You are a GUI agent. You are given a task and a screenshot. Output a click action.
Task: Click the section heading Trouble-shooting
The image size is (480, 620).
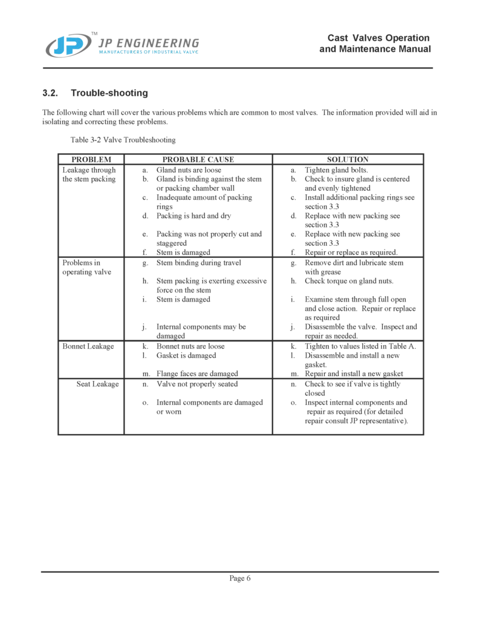pos(109,93)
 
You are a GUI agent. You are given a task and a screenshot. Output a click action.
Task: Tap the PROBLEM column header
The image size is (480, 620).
pos(91,160)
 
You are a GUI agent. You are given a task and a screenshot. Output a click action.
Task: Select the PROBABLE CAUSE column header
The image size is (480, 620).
pos(198,160)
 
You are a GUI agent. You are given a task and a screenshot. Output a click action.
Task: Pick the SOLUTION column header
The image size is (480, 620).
pos(348,160)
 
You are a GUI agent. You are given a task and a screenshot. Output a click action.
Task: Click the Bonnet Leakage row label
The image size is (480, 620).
pos(88,346)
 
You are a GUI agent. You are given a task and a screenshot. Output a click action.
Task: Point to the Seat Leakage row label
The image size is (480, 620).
pos(97,384)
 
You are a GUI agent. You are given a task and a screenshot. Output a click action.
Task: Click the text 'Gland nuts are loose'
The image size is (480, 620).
pos(189,170)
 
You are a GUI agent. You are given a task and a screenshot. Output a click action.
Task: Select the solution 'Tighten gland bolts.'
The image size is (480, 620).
pos(336,170)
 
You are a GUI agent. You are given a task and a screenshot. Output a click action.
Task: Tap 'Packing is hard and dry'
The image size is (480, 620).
pos(193,216)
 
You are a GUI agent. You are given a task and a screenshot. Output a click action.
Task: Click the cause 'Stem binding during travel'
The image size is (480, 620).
pos(198,263)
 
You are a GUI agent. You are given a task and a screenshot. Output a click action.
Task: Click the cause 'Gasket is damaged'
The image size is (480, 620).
pos(186,355)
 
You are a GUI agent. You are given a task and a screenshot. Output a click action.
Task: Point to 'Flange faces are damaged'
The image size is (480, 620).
pos(197,374)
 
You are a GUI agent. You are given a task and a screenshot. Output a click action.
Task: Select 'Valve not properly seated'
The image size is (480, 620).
pos(197,384)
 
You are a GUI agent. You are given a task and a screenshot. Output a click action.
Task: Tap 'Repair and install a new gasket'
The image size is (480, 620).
pos(354,374)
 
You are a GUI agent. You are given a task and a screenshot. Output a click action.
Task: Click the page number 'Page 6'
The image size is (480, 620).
pos(240,578)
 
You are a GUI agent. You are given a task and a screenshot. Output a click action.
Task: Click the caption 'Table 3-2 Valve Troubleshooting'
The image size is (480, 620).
pos(123,140)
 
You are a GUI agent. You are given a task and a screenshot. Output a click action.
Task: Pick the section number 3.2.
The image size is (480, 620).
pos(50,93)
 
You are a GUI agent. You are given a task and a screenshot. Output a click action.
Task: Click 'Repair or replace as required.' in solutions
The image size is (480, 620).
pos(351,252)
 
